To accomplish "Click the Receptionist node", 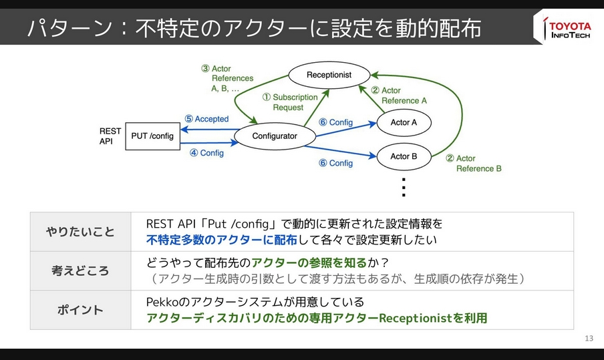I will pos(329,75).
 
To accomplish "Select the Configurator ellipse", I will pos(275,136).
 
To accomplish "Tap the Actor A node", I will pos(404,122).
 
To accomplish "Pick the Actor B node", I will pos(404,156).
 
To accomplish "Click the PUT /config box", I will pos(152,136).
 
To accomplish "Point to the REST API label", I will pos(110,136).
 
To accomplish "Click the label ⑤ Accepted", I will pos(206,119).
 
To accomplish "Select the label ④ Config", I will pos(206,153).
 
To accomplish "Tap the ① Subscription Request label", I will pos(289,102).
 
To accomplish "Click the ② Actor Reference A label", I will pos(398,96).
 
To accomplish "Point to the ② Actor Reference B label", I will pos(473,164).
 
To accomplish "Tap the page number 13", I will pos(588,338).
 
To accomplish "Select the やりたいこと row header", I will pos(80,232).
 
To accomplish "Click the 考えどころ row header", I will pos(80,271).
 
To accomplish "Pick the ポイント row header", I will pos(80,310).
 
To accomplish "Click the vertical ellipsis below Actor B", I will pos(403,188).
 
